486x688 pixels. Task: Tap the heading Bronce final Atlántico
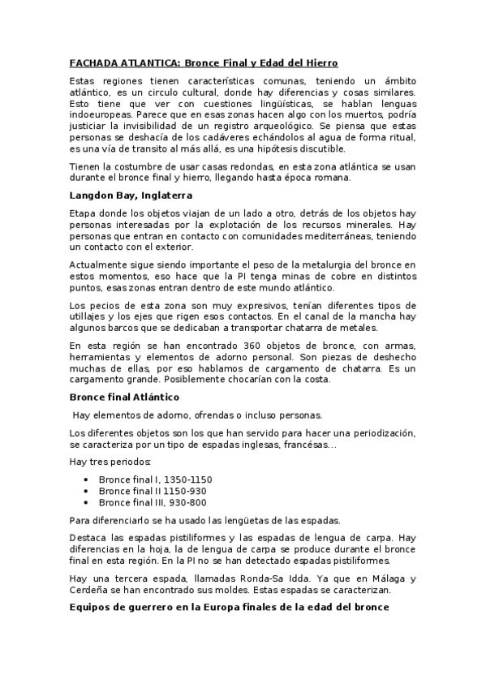(124, 397)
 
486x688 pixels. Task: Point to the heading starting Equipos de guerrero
(230, 605)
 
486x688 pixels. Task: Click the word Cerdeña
(91, 590)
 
